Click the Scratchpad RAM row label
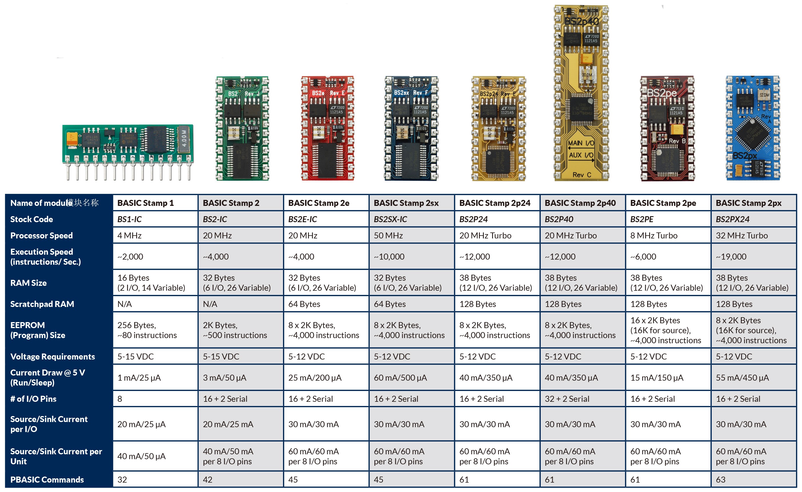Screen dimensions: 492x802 (x=42, y=304)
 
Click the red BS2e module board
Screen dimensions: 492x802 (x=328, y=128)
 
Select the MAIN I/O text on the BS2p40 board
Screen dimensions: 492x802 (x=581, y=143)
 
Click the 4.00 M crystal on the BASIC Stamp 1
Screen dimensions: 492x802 (x=184, y=138)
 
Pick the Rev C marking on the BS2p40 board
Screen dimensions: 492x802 (x=582, y=175)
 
